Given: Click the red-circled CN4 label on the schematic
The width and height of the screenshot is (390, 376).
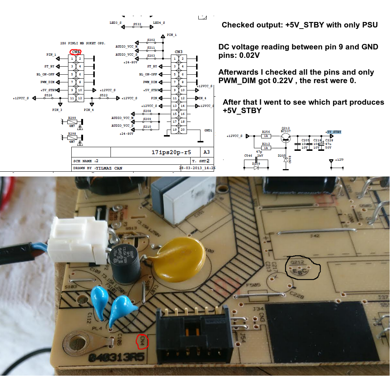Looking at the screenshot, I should click(x=76, y=52).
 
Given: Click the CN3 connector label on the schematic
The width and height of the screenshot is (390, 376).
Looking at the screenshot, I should click(x=179, y=52).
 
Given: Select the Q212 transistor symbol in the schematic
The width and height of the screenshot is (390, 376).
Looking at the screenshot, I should click(x=285, y=137).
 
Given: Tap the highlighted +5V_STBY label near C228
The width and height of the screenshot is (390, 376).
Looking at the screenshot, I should click(x=333, y=132).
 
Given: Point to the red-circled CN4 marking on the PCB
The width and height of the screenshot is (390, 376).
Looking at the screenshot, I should click(x=142, y=341).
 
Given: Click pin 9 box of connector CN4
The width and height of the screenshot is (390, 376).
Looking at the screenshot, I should click(x=72, y=90).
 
